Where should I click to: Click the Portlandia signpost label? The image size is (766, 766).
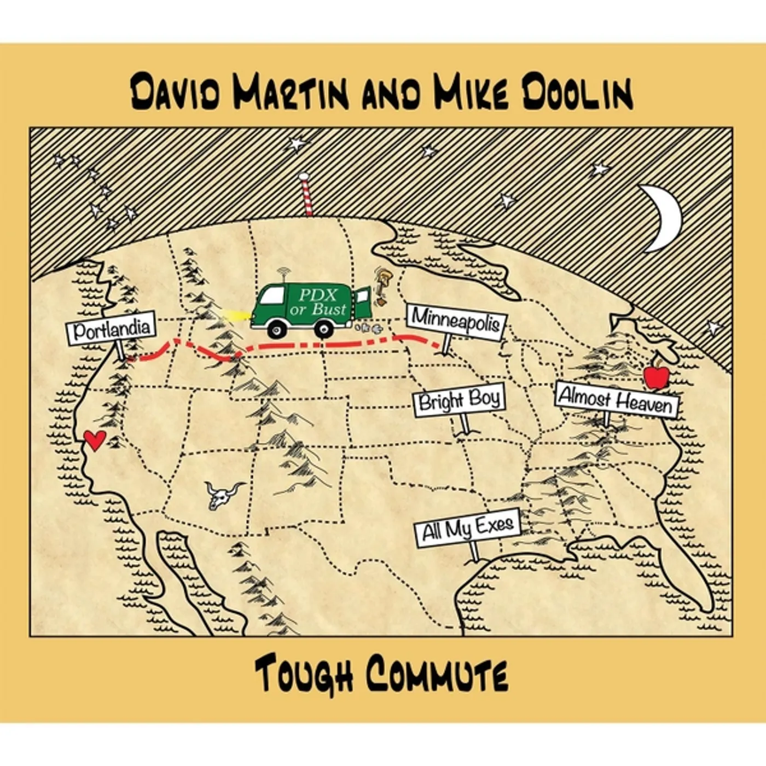(x=111, y=328)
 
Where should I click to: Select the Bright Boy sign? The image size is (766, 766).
(x=459, y=401)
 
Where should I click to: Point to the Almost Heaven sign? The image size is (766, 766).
(x=616, y=400)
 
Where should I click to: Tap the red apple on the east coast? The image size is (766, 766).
(x=657, y=376)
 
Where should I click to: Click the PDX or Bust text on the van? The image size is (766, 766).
(x=322, y=301)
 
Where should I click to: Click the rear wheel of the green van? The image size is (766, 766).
(x=324, y=328)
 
